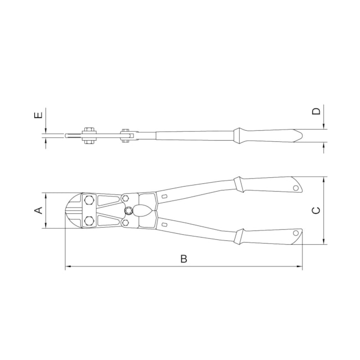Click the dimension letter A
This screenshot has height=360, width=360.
(39, 210)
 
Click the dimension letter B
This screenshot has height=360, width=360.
(184, 259)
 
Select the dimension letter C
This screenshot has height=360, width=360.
(316, 210)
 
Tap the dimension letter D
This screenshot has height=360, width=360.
(316, 111)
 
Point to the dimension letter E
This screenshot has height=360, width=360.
(39, 115)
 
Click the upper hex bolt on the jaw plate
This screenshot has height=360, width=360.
(89, 200)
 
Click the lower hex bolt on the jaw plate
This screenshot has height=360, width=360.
(89, 221)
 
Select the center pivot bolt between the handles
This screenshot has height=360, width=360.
(129, 210)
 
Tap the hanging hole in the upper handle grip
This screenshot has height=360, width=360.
(296, 188)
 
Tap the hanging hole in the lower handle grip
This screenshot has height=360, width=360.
(296, 233)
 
